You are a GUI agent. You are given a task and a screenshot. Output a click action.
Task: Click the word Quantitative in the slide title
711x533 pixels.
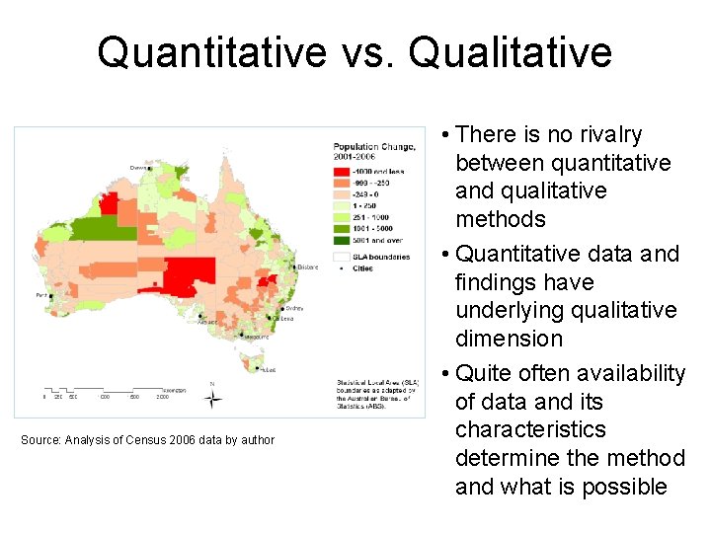coord(213,52)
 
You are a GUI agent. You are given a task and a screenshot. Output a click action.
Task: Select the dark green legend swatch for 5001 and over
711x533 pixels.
coord(342,239)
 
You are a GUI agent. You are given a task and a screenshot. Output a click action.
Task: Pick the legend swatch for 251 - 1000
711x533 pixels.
coord(342,217)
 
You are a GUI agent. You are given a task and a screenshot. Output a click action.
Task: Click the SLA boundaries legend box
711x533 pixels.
coord(342,256)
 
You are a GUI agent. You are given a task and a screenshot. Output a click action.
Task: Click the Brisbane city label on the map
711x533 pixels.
coord(307,266)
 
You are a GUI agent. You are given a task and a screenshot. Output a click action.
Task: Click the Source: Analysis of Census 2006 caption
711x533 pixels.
coord(148,439)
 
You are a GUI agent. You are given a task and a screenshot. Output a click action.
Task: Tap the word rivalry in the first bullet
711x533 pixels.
coord(605,135)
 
